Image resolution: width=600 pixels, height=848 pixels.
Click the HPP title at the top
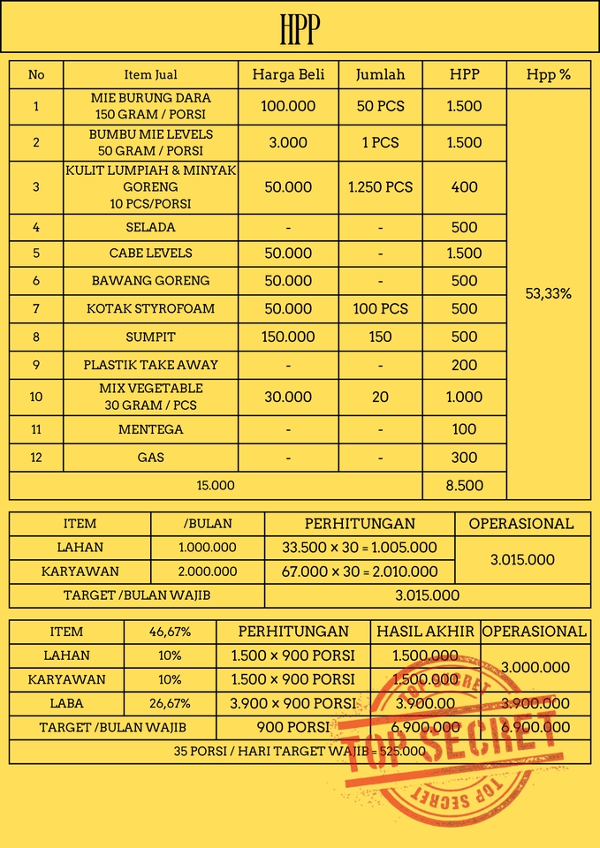coord(299,29)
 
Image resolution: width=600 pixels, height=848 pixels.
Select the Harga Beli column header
coord(288,74)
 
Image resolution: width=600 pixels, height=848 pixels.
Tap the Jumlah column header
coord(380,74)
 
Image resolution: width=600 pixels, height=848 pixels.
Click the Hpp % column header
coord(548,74)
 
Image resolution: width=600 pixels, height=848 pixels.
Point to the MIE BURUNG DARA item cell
coord(151,106)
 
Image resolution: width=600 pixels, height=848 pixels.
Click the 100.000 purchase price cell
coord(288,106)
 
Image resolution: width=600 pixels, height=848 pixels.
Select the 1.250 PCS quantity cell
coord(380,187)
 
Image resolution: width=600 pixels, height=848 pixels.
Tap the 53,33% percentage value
coord(548,294)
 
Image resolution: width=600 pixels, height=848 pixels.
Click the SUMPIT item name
coord(151,337)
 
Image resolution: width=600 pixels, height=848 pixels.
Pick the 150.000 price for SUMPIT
coord(288,337)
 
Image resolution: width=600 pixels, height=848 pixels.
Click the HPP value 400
coord(464,187)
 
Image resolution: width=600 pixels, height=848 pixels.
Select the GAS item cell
coord(151,458)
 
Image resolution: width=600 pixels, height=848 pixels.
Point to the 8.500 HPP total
coord(464,485)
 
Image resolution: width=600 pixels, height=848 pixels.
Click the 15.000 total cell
coord(216,485)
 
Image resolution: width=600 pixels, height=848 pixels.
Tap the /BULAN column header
coord(208,524)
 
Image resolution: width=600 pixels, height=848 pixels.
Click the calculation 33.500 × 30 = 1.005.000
coord(360,548)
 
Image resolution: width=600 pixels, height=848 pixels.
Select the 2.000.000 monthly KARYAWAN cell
coord(208,572)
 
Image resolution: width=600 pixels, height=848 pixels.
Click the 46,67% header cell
coord(169,632)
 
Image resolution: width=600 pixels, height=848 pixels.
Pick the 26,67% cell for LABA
coord(169,704)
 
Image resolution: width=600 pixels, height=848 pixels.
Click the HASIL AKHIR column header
coord(426,632)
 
